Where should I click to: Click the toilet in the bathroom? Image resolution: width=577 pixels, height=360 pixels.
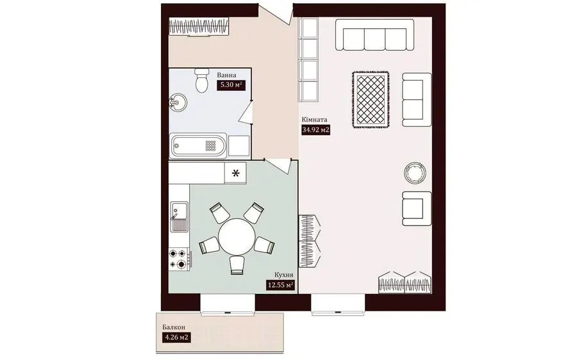pos(202,80)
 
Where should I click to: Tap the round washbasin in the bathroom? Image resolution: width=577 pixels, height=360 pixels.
pos(178,101)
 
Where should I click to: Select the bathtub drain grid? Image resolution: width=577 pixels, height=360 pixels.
pos(210,146)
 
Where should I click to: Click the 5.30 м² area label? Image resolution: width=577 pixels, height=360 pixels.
pos(231,85)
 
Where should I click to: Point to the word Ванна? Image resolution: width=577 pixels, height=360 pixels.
pos(227,75)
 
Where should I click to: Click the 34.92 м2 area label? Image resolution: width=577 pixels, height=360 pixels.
pos(315,129)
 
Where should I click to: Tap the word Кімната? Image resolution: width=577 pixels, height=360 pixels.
pos(314,120)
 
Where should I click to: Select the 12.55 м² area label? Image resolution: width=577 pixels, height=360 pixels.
pos(280,284)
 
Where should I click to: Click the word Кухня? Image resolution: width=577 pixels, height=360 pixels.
pos(283,275)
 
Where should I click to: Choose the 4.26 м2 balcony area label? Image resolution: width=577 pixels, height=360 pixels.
pos(176,337)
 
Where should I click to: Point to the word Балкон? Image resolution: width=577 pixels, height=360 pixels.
pos(174,327)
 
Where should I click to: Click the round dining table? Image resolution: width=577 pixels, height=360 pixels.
pos(237,236)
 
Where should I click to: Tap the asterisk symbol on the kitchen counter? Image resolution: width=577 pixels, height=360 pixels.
pos(235,173)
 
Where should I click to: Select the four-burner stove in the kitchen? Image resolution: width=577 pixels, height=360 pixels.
pos(180,259)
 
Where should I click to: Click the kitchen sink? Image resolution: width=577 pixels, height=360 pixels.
pos(179,217)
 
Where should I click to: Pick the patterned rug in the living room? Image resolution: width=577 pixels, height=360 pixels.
pos(371,100)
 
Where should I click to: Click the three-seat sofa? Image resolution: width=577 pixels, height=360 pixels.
pos(374,35)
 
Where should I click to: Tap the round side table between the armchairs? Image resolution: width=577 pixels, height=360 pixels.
pos(415,172)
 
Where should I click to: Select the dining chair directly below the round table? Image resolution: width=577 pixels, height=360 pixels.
pos(237,265)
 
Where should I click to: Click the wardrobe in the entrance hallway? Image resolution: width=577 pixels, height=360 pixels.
pos(200,27)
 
